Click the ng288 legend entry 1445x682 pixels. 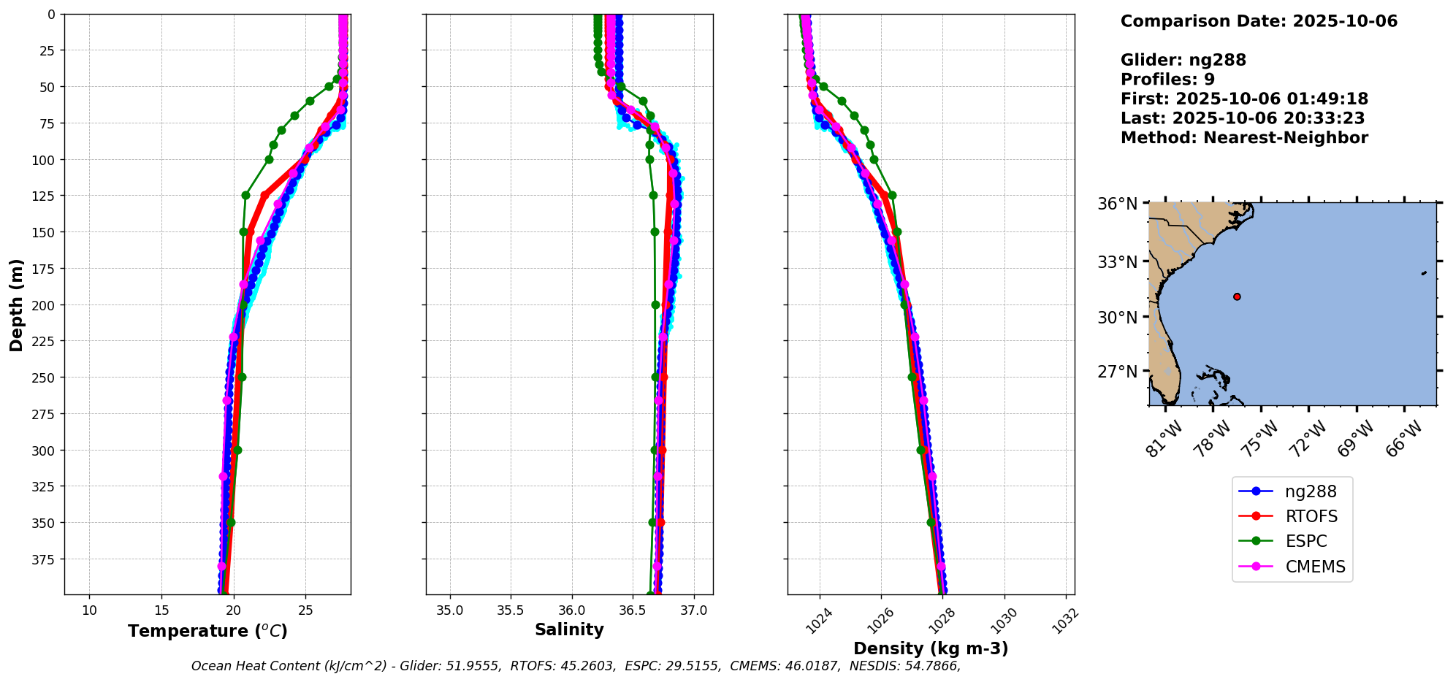(1311, 492)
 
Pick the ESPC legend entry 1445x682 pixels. (1306, 542)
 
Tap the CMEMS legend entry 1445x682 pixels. (1315, 567)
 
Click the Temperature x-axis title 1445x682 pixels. (207, 632)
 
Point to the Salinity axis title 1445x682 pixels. (569, 630)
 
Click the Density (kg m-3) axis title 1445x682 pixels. (931, 648)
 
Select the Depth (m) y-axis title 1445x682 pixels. (17, 304)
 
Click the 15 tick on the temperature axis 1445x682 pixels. (162, 610)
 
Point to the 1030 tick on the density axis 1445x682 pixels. (1002, 621)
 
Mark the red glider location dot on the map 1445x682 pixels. (1237, 296)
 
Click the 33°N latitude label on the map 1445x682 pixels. (1118, 261)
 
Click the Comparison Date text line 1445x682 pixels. (1259, 21)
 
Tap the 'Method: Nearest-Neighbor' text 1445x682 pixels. (1244, 138)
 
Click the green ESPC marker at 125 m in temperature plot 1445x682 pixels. (245, 195)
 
